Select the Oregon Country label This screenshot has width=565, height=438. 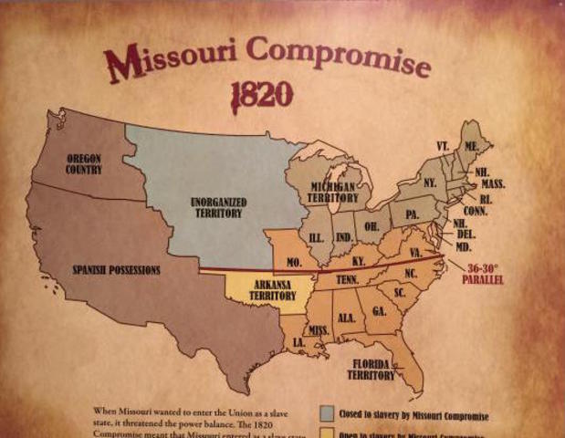point(84,164)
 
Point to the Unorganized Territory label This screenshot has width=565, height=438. point(216,206)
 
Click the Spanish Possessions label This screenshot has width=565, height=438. point(117,270)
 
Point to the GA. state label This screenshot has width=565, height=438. point(380,310)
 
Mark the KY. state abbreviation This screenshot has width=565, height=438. point(359,261)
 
